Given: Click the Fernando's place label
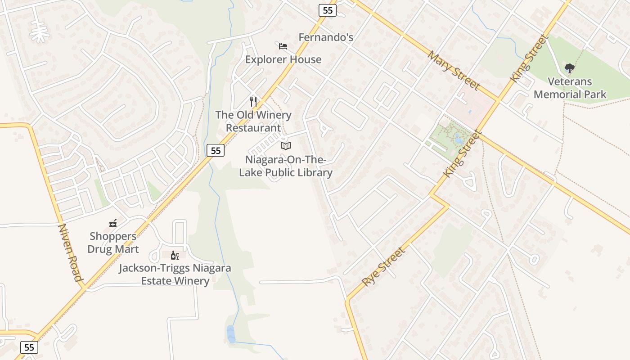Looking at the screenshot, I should coord(326,37).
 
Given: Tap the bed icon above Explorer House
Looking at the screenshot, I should coord(283,46).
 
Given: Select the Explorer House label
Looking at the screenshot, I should coord(283,59).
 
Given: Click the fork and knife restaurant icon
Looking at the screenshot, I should coord(253,102).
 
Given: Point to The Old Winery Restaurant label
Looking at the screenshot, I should coord(253,121).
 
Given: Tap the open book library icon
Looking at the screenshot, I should coord(286,146).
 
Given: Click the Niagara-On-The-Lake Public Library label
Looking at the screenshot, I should coord(286,166).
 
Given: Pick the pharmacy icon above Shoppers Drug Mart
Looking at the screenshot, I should coord(113,223).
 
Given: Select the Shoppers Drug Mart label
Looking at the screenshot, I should coord(113,243).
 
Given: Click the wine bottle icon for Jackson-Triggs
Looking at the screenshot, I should coord(175,256).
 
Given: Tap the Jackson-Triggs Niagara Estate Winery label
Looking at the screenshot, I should coord(175,274).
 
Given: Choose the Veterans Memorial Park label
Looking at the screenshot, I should coord(570,88).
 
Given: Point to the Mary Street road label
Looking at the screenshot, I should coord(454,71).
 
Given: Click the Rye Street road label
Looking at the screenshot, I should coord(384,266).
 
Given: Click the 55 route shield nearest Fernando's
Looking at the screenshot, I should coord(327,10).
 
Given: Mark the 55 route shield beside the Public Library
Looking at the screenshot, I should coord(216,150).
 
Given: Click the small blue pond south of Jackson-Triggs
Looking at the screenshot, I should coord(231,334).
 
